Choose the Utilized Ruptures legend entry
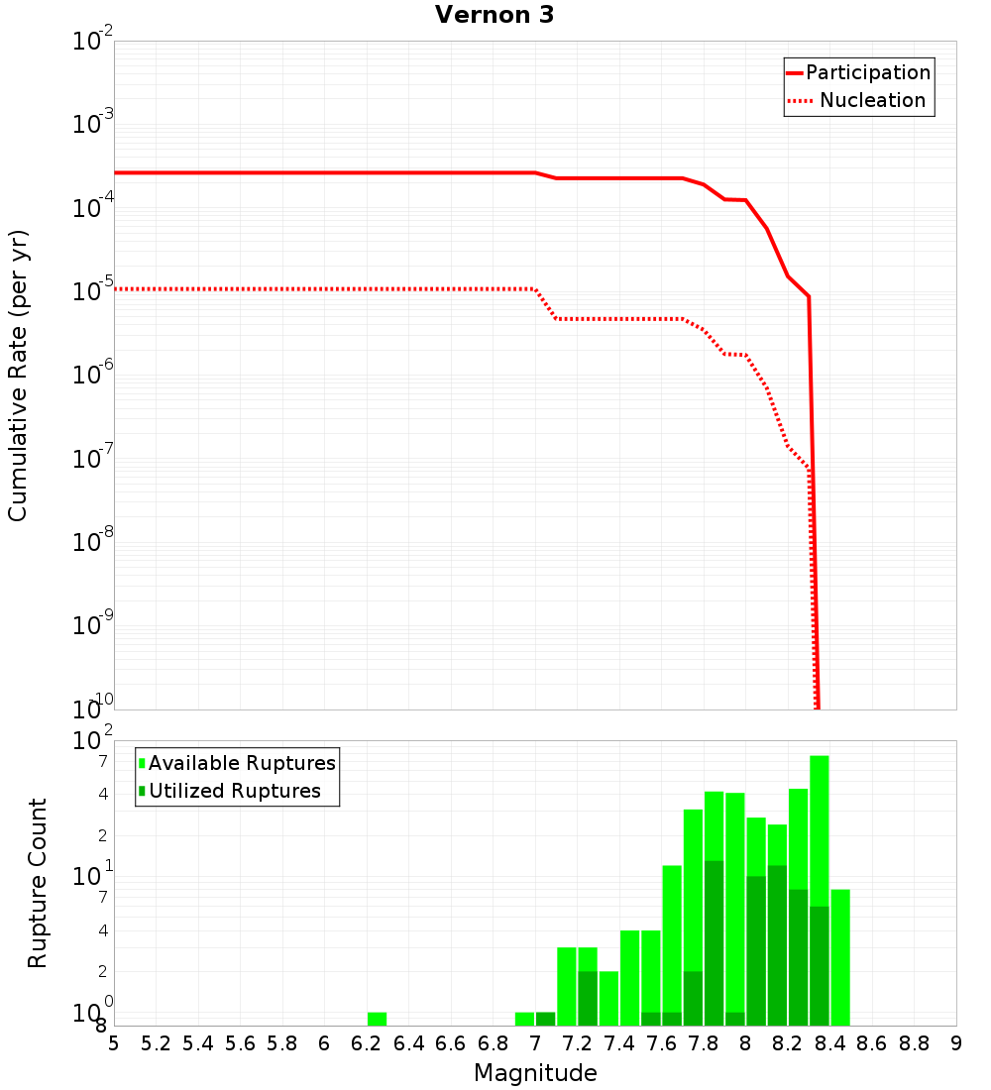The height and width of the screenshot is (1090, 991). click(x=234, y=791)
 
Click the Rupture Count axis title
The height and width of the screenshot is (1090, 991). click(x=38, y=883)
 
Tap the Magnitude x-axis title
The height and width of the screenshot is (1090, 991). click(x=535, y=1073)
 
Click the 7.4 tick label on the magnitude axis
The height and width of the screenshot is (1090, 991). click(x=619, y=1043)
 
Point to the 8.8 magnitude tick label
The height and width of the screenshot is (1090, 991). click(x=914, y=1043)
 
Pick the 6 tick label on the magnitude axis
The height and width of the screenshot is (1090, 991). click(x=324, y=1043)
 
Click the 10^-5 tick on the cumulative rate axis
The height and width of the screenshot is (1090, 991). click(x=94, y=291)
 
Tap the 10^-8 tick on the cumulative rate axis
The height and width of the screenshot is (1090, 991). click(x=94, y=542)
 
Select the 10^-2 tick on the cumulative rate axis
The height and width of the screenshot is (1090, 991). click(x=94, y=42)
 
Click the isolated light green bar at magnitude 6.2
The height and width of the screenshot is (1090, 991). click(x=377, y=1019)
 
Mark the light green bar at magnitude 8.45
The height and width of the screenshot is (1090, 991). click(x=840, y=956)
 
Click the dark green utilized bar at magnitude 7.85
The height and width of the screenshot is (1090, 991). click(x=714, y=942)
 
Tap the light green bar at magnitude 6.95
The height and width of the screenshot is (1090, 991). click(x=524, y=1019)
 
